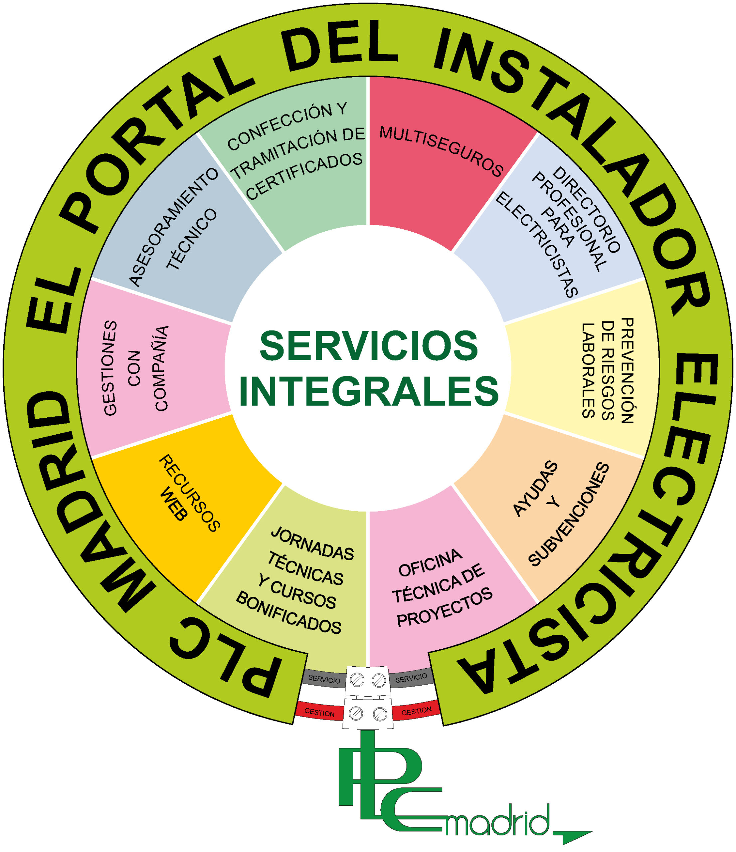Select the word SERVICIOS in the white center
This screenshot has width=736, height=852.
(368, 345)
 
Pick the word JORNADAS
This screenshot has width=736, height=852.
(312, 543)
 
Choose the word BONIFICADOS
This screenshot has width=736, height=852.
(288, 613)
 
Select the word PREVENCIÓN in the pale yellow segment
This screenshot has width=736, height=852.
(628, 370)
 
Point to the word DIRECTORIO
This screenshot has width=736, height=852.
(586, 210)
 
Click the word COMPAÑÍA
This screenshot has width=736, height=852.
(160, 368)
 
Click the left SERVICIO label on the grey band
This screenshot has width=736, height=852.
(324, 679)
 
